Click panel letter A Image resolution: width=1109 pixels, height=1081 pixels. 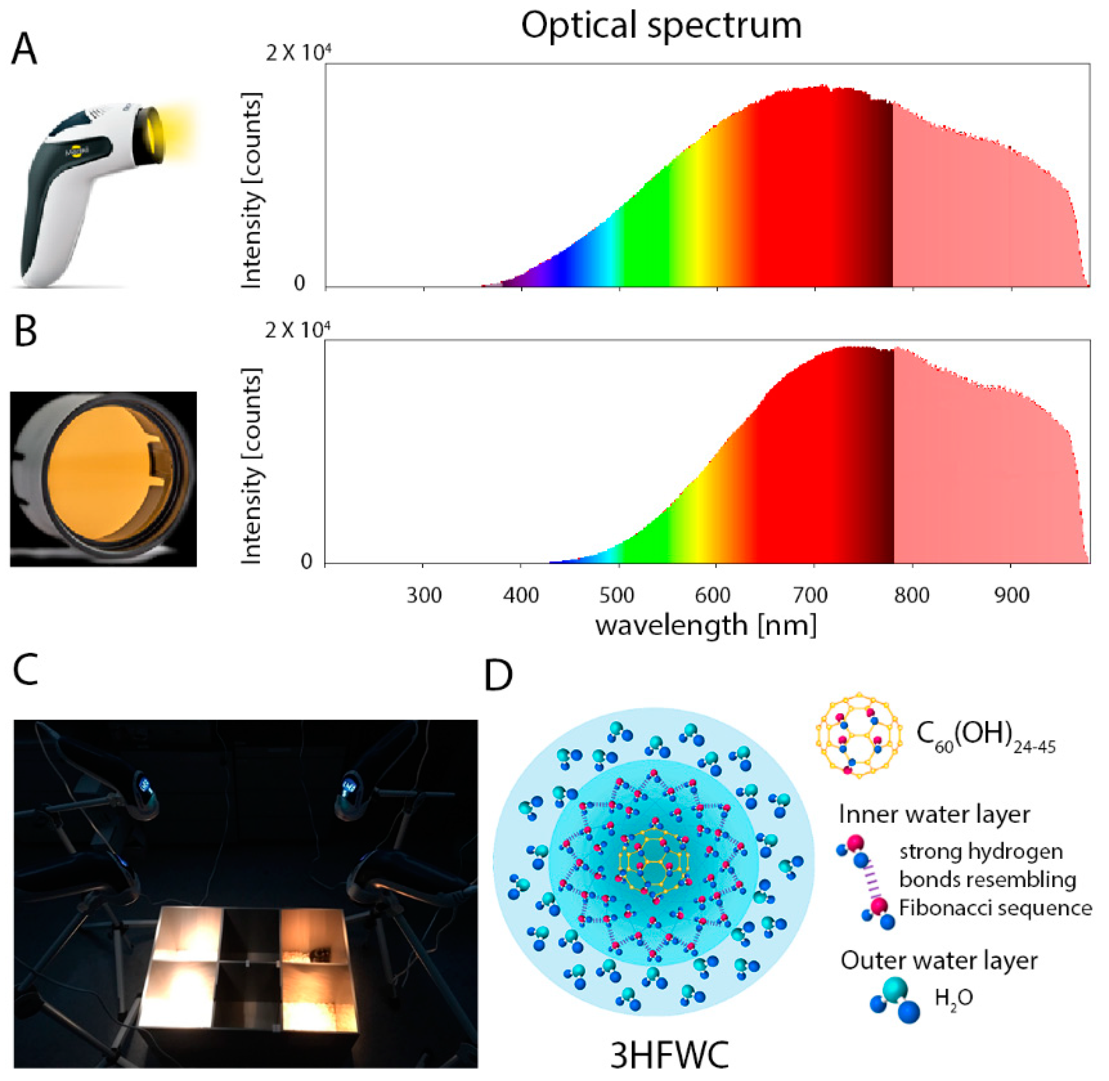[25, 50]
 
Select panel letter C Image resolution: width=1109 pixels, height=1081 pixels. [25, 670]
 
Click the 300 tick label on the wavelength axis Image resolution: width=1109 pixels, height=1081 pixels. [424, 595]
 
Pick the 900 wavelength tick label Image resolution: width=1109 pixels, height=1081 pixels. [1011, 595]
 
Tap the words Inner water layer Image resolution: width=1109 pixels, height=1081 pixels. [934, 815]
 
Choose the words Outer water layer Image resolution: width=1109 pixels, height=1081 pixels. [939, 961]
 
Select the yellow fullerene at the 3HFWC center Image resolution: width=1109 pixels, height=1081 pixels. [657, 863]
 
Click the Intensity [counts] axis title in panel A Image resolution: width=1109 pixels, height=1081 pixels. [251, 190]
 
